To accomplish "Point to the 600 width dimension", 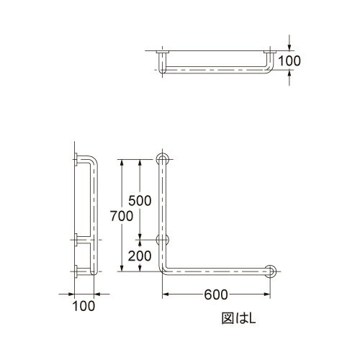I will pyautogui.click(x=216, y=294).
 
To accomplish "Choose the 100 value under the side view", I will pyautogui.click(x=84, y=306).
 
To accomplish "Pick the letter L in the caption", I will pyautogui.click(x=245, y=315).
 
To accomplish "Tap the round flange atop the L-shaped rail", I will pyautogui.click(x=163, y=159).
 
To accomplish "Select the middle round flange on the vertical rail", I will pyautogui.click(x=163, y=239).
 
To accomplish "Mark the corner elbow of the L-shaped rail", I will pyautogui.click(x=165, y=268).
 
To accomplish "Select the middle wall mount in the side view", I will pyautogui.click(x=76, y=239).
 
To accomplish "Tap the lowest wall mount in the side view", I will pyautogui.click(x=76, y=270).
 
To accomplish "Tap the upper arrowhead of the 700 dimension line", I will pyautogui.click(x=122, y=163).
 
